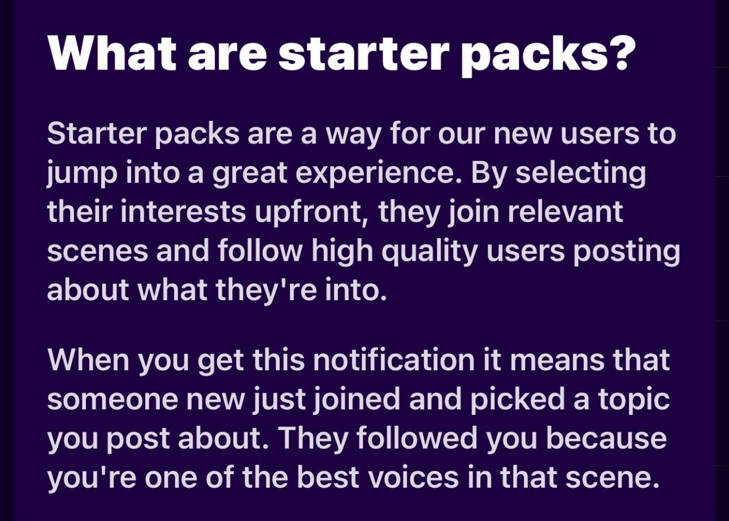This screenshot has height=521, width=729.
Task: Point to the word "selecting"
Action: click(580, 173)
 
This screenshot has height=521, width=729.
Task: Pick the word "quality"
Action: click(429, 252)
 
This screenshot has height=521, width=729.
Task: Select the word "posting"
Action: click(627, 252)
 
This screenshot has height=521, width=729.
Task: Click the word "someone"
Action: click(112, 400)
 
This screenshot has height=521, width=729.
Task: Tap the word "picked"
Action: click(518, 400)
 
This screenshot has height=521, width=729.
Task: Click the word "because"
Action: click(606, 437)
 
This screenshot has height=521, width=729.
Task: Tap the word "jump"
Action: click(82, 173)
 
